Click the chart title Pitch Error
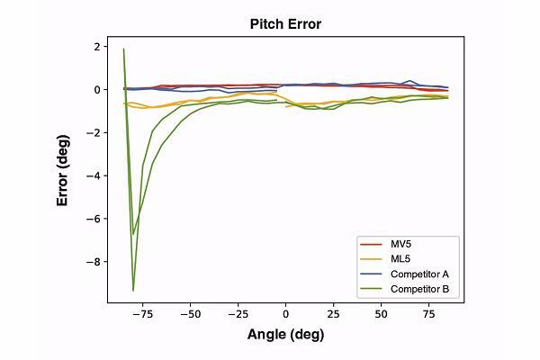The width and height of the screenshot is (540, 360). (x=285, y=24)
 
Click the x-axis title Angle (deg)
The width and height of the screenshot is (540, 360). (x=285, y=335)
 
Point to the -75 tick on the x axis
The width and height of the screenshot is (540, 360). (x=142, y=315)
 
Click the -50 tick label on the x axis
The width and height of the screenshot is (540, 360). (x=190, y=315)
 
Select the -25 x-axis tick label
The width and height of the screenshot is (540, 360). (x=238, y=315)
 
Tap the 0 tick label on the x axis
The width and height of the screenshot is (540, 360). (x=285, y=315)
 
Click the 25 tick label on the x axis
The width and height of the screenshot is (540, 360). (x=333, y=315)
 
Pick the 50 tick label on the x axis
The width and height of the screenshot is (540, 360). (x=381, y=315)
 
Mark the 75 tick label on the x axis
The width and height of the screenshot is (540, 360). (x=428, y=315)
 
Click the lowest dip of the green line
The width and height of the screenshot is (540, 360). (x=133, y=291)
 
